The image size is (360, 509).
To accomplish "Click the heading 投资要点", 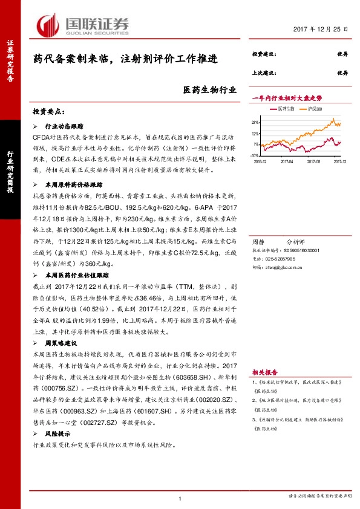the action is click(x=48, y=112).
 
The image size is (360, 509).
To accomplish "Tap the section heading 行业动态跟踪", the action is click(x=65, y=128).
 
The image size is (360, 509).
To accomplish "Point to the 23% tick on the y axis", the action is click(x=256, y=123).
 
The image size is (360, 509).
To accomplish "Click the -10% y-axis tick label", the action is click(x=255, y=155).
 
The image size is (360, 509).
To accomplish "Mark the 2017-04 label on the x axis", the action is click(x=287, y=161).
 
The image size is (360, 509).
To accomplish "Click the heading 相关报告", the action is click(x=264, y=372).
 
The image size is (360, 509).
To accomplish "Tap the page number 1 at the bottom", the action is click(x=180, y=498).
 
